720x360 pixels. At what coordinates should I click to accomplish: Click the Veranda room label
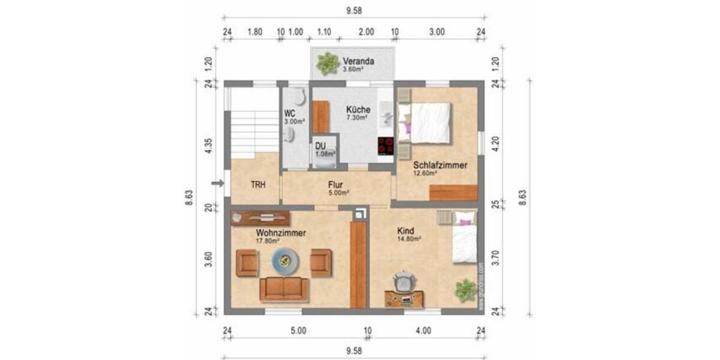tap(359, 61)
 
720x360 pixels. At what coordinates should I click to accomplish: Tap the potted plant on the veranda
tap(328, 63)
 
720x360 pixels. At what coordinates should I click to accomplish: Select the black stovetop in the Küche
tap(385, 145)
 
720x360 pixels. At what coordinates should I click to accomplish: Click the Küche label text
tap(358, 110)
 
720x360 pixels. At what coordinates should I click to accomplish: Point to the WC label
tap(290, 112)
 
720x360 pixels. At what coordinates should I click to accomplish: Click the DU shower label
tap(320, 145)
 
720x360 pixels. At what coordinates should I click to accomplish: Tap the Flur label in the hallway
tap(335, 185)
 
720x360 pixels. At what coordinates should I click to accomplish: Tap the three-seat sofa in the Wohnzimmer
tap(284, 289)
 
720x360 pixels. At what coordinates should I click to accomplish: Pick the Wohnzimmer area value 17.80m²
tap(269, 241)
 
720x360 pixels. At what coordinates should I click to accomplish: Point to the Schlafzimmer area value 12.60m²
tap(424, 173)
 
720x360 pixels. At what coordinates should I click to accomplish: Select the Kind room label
tap(406, 230)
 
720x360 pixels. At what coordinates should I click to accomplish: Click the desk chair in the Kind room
tap(405, 281)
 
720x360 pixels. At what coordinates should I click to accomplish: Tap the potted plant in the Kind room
tap(465, 290)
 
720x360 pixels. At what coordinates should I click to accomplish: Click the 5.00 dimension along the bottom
tap(298, 330)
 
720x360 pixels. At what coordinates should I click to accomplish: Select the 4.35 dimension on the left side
tap(208, 148)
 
